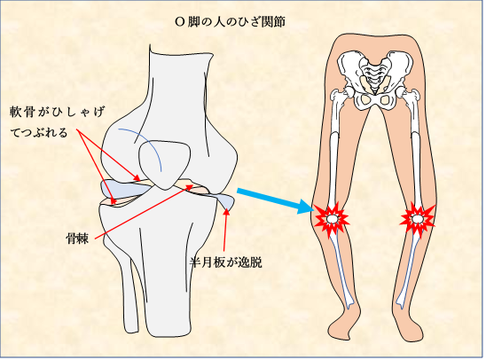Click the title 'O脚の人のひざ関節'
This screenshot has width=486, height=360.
pyautogui.click(x=230, y=22)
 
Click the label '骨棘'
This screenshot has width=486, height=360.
pyautogui.click(x=77, y=239)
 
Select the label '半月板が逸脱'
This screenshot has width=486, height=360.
pyautogui.click(x=226, y=262)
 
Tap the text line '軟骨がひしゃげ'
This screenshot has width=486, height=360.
pyautogui.click(x=57, y=113)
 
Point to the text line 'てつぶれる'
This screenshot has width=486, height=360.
pyautogui.click(x=39, y=133)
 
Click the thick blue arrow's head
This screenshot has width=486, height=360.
pyautogui.click(x=305, y=207)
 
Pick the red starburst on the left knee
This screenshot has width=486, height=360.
pyautogui.click(x=331, y=220)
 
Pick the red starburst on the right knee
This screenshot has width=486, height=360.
pyautogui.click(x=417, y=220)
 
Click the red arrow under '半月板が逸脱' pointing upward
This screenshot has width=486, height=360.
pyautogui.click(x=225, y=230)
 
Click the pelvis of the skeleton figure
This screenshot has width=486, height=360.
pyautogui.click(x=375, y=81)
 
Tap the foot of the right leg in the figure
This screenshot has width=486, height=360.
pyautogui.click(x=409, y=327)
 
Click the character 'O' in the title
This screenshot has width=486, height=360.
pyautogui.click(x=180, y=22)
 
